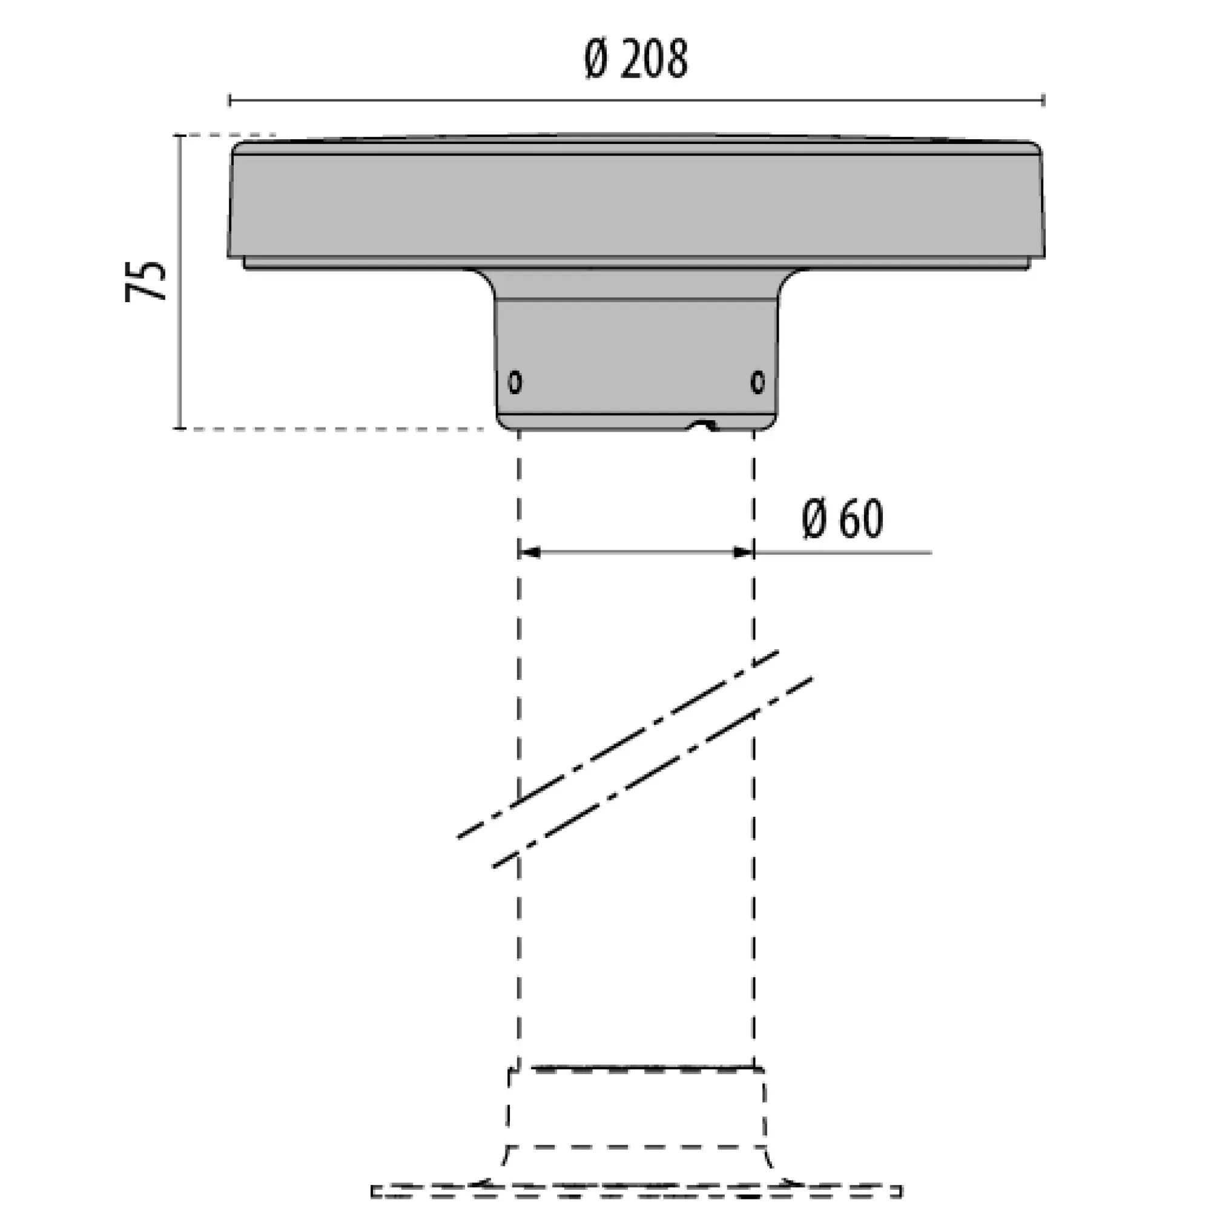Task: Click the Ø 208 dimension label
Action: [x=636, y=59]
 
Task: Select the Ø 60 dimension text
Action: [x=843, y=519]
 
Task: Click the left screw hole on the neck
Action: [x=515, y=381]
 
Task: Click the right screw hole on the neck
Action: [x=758, y=381]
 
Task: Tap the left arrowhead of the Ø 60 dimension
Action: [x=530, y=552]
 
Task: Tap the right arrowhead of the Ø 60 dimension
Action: [x=744, y=552]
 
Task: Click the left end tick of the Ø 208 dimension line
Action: [x=229, y=100]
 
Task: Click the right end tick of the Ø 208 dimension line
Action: [x=1044, y=100]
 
